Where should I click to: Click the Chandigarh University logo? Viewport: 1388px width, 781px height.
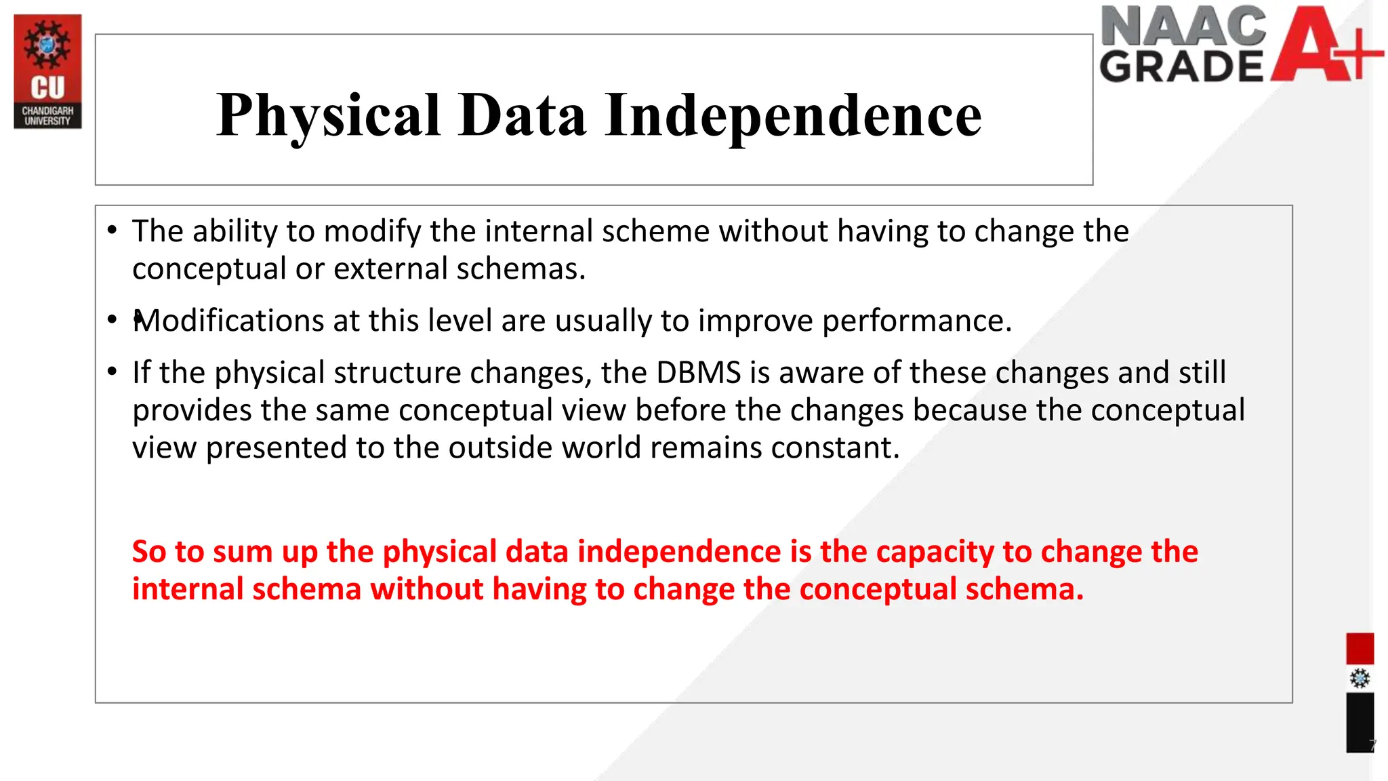[x=47, y=71]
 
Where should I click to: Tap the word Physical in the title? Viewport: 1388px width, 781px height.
[x=329, y=115]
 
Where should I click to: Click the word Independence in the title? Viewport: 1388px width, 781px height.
[x=793, y=115]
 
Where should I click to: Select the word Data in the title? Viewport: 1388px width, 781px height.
[x=522, y=115]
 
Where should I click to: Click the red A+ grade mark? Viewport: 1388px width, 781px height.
[x=1322, y=44]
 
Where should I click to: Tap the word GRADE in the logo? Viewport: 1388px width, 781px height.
[x=1181, y=66]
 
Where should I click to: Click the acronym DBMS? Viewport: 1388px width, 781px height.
[x=698, y=373]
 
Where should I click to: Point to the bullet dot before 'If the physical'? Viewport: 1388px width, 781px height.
[x=112, y=372]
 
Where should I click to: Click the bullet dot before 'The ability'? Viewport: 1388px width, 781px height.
[x=112, y=230]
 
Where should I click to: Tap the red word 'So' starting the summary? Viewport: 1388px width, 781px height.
[x=149, y=552]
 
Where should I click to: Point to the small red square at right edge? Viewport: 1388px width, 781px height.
[x=1360, y=649]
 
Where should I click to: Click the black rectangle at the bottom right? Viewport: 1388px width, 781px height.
[x=1360, y=722]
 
